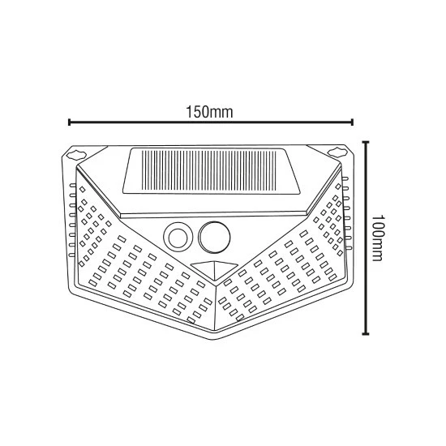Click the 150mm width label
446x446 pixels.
click(x=211, y=110)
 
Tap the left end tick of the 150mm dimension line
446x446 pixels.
click(x=70, y=123)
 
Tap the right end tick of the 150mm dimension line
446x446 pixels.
click(x=352, y=123)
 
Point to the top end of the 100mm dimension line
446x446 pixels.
click(x=367, y=143)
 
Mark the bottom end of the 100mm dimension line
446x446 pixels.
click(x=367, y=332)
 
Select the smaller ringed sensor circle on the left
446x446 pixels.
click(x=176, y=237)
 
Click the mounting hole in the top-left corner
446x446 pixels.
click(x=79, y=153)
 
